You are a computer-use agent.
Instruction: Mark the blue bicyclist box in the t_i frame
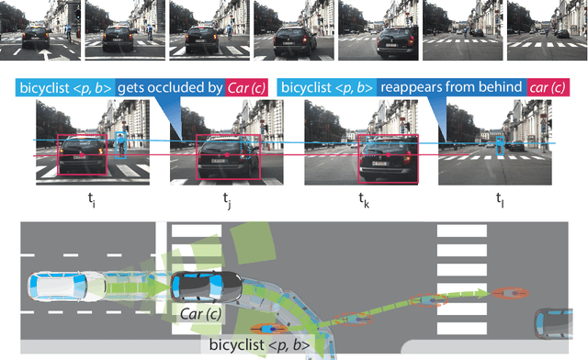point(121,147)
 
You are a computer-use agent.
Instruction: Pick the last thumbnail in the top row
point(548,25)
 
